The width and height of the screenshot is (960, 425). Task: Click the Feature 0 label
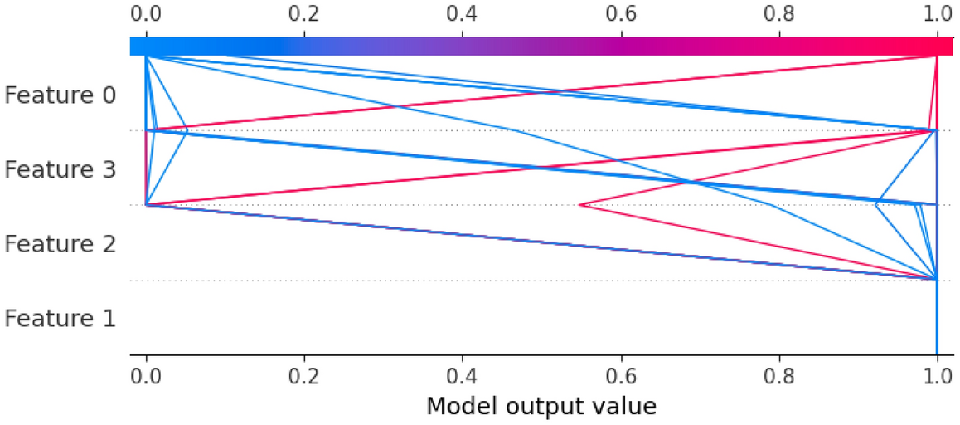click(x=60, y=95)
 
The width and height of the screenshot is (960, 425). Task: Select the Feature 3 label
click(x=60, y=170)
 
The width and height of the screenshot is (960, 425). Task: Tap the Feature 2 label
click(x=60, y=245)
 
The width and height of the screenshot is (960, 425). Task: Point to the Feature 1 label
click(x=60, y=319)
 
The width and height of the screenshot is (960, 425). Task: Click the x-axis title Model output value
click(x=541, y=406)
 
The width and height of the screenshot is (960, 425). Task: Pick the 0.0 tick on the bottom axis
click(x=146, y=373)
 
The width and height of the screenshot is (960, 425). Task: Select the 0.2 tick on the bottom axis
click(x=304, y=373)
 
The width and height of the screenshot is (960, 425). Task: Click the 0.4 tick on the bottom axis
click(x=463, y=373)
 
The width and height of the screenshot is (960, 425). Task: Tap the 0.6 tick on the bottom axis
click(x=621, y=373)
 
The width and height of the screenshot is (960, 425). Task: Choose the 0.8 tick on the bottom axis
click(x=779, y=373)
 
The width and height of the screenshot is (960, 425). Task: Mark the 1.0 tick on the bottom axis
click(x=937, y=373)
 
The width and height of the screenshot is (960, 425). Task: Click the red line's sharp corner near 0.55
click(x=580, y=204)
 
